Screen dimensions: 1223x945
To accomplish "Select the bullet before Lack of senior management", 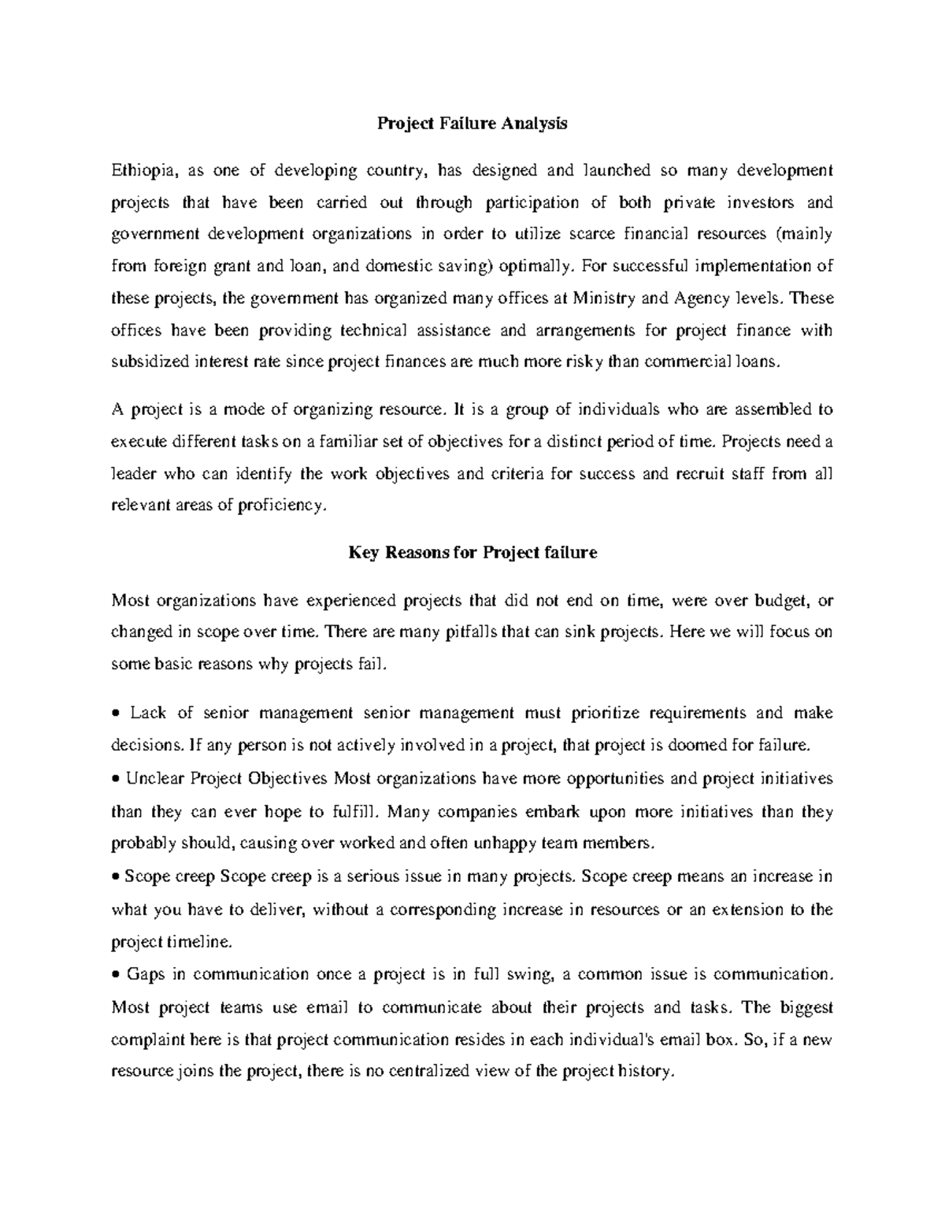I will [x=116, y=713].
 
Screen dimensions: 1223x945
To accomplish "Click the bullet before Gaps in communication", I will [x=116, y=975].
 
